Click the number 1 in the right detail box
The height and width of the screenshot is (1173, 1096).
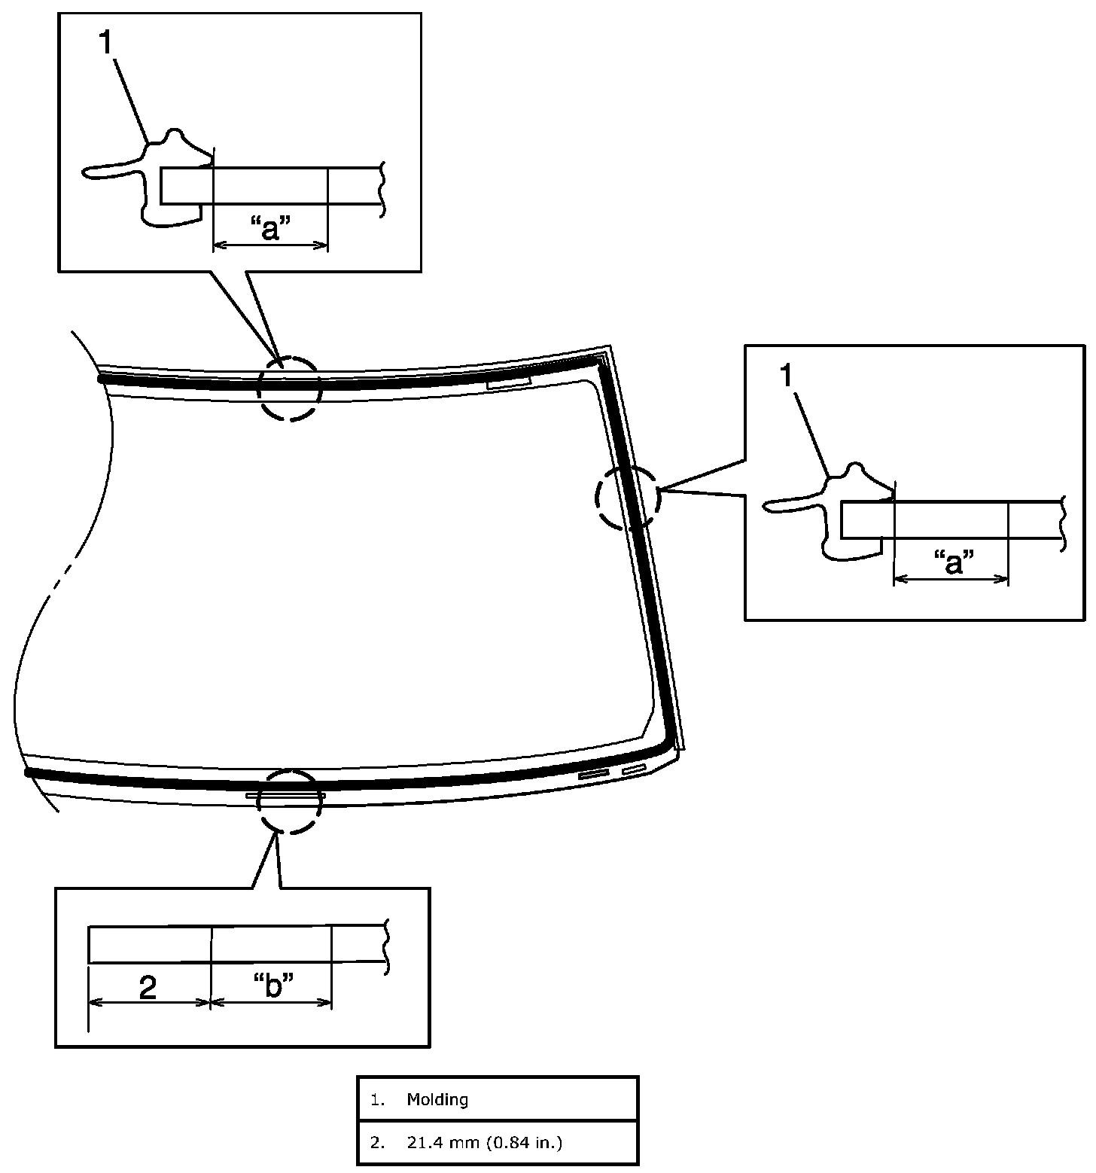[786, 376]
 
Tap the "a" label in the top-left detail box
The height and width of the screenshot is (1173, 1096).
[269, 228]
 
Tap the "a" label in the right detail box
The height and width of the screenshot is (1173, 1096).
[953, 562]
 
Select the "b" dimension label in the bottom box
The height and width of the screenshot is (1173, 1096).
[272, 986]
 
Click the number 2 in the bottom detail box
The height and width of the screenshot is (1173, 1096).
[148, 987]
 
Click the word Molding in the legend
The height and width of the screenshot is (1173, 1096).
[437, 1099]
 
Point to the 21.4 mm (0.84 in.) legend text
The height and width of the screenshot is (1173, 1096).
[485, 1143]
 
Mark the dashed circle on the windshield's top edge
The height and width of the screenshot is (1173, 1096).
[289, 389]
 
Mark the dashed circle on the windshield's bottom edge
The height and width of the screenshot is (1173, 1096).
[290, 801]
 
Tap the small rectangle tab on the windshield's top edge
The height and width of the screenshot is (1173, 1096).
[510, 384]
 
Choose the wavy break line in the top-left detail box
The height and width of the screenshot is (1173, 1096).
[384, 189]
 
